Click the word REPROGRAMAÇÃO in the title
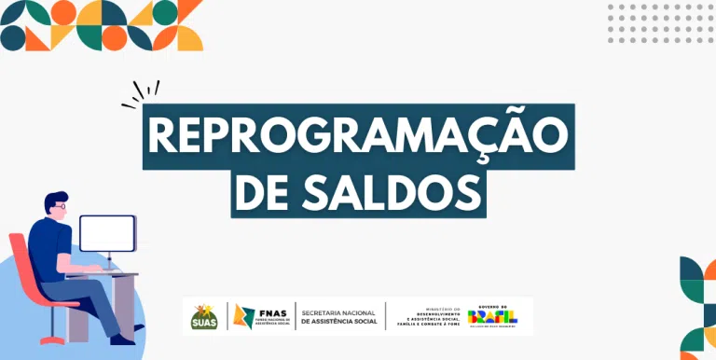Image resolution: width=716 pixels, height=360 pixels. coord(358,137)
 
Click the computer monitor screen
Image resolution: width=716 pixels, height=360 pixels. coord(107,233)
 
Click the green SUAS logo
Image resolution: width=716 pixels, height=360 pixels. coord(204,318)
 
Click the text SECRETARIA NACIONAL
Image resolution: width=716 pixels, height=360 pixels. coord(338,312)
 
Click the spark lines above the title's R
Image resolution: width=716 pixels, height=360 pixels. coord(141,91)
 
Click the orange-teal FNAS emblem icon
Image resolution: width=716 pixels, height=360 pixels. coord(245,317)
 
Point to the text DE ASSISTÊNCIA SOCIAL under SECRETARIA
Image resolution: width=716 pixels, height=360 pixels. coord(338,323)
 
